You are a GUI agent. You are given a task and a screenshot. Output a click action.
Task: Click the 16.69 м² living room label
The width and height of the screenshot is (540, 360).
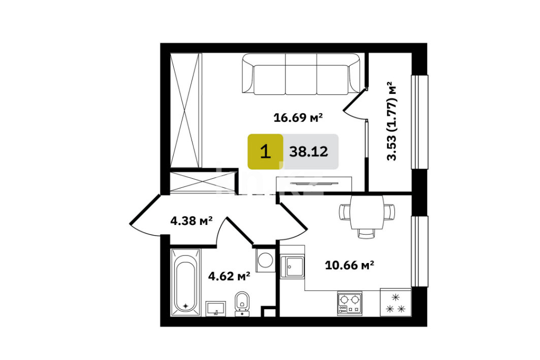click(x=298, y=118)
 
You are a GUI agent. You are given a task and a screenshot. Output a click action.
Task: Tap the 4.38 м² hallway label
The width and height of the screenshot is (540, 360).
click(x=191, y=220)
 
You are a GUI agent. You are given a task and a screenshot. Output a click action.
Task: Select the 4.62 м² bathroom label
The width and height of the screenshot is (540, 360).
click(x=229, y=276)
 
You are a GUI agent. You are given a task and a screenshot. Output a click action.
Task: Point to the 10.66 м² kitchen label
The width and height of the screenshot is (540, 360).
click(x=350, y=265)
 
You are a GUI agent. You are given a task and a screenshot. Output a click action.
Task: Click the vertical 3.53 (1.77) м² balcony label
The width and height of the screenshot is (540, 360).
click(x=392, y=121)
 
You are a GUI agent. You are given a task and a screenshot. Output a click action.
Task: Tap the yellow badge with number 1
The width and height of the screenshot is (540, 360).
click(x=265, y=151)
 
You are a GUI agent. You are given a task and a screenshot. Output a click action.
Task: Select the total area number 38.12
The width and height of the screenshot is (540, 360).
click(x=308, y=151)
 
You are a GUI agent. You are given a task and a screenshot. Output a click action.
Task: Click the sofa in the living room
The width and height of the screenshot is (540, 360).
click(x=301, y=74)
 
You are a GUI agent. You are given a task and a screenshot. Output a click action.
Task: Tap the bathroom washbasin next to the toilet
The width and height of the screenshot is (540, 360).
click(x=215, y=309)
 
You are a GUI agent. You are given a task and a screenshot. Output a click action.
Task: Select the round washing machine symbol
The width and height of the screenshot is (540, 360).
click(x=266, y=260)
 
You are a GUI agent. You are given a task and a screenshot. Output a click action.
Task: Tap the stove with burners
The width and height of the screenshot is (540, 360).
click(x=350, y=304)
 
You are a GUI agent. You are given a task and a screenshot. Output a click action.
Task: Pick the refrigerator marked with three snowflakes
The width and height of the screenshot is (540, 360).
click(x=396, y=302)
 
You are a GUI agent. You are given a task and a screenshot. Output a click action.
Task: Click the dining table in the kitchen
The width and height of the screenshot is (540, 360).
click(x=367, y=212)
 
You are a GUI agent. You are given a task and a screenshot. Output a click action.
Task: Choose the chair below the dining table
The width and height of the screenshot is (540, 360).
click(x=366, y=234)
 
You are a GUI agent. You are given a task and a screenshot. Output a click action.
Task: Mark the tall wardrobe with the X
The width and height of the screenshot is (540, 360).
click(x=186, y=110)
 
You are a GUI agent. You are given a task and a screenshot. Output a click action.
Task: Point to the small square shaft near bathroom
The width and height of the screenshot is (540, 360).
click(x=268, y=311)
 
